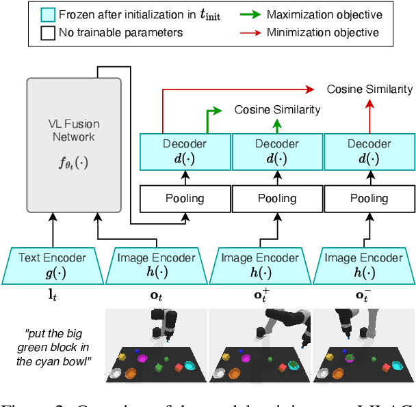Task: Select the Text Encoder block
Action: pyautogui.click(x=53, y=265)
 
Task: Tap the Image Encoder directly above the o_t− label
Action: pyautogui.click(x=364, y=265)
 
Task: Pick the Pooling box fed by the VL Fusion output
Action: pyautogui.click(x=185, y=199)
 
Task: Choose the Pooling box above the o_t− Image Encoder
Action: pyautogui.click(x=369, y=199)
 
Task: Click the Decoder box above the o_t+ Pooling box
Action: pyautogui.click(x=277, y=151)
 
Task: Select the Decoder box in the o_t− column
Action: pyautogui.click(x=369, y=151)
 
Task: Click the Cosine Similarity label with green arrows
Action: pyautogui.click(x=277, y=109)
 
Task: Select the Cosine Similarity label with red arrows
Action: pyautogui.click(x=369, y=89)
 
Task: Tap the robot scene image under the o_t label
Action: pyautogui.click(x=156, y=345)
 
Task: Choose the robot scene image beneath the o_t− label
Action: pyautogui.click(x=364, y=345)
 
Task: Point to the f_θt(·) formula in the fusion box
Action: pyautogui.click(x=73, y=164)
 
